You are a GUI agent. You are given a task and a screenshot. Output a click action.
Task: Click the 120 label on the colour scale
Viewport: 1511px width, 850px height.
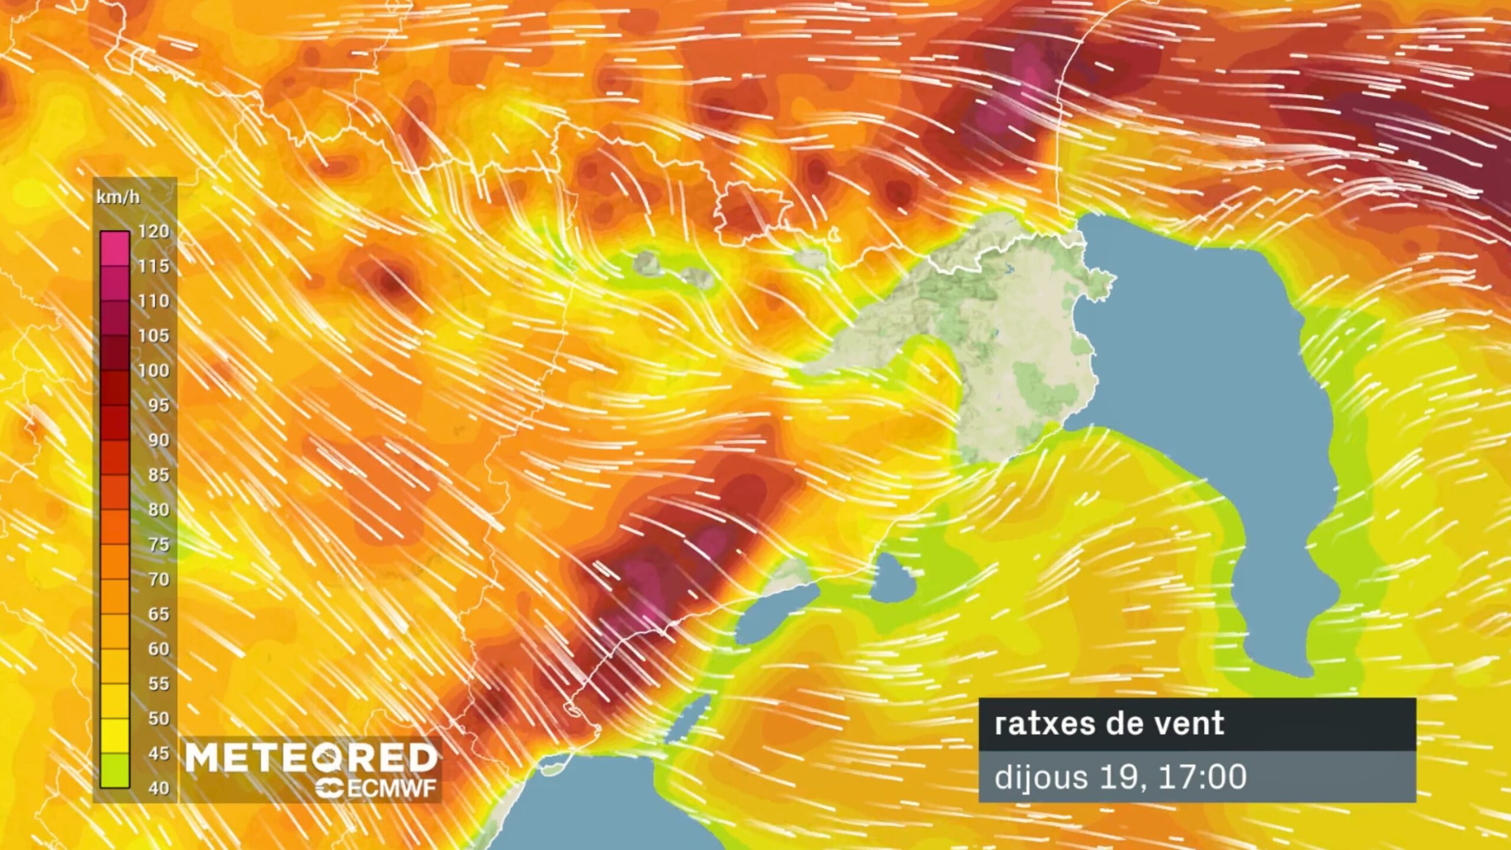click(x=153, y=231)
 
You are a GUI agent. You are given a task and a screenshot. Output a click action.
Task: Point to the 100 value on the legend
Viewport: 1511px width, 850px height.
click(x=153, y=371)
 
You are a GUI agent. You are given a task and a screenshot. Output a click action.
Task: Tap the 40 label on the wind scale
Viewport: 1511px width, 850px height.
click(x=158, y=788)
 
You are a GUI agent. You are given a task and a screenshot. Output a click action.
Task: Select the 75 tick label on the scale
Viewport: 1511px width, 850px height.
click(x=158, y=544)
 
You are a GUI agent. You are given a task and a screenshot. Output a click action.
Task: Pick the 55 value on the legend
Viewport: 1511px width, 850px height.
click(x=158, y=684)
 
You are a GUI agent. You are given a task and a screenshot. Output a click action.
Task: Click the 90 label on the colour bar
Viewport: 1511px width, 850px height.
click(x=158, y=440)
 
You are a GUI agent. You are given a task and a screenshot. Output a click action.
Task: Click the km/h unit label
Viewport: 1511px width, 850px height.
click(x=118, y=197)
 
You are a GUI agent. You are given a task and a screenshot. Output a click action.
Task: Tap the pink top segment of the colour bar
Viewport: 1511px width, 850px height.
click(x=115, y=249)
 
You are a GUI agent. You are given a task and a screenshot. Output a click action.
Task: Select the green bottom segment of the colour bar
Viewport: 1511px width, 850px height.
click(x=115, y=770)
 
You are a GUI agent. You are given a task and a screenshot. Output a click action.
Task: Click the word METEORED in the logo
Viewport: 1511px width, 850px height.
click(x=311, y=757)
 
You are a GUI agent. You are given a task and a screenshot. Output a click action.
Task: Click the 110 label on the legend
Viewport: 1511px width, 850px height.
click(x=153, y=301)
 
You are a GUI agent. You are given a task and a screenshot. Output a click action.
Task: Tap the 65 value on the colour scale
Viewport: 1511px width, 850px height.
click(x=158, y=614)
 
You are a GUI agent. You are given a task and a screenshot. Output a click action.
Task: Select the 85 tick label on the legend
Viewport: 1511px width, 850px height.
click(x=158, y=475)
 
